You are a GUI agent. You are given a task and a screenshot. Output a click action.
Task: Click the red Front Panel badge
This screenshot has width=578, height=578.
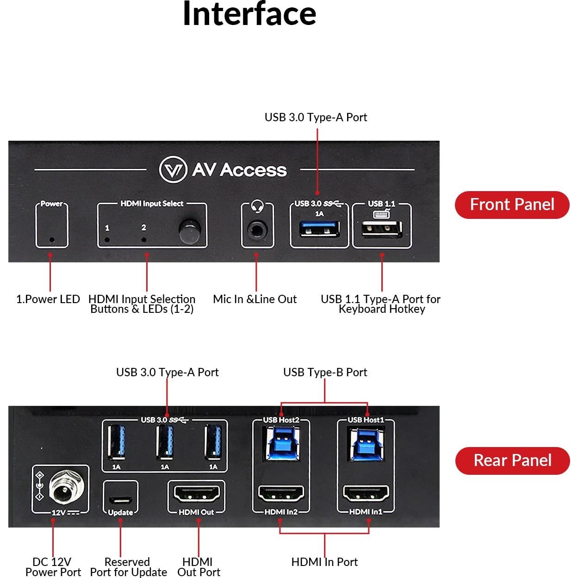(512, 205)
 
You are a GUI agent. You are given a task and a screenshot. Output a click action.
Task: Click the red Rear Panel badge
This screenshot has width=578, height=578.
(512, 460)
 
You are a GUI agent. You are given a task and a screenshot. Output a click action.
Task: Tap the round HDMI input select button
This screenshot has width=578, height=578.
(190, 232)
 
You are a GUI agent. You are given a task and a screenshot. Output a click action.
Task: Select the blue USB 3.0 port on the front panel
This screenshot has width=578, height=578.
(319, 229)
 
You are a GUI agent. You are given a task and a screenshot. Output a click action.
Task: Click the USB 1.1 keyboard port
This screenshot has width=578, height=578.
(382, 229)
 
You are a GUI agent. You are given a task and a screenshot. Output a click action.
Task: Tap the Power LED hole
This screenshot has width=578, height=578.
(52, 240)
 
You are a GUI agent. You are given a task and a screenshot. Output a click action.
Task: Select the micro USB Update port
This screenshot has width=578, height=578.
(120, 501)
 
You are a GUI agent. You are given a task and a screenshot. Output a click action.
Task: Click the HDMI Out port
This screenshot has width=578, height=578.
(197, 494)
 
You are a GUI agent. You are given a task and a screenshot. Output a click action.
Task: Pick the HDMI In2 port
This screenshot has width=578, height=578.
(281, 494)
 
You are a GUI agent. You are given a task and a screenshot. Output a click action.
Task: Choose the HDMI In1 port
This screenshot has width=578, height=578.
(366, 494)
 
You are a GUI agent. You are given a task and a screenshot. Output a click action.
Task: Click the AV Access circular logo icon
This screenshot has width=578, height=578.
(173, 170)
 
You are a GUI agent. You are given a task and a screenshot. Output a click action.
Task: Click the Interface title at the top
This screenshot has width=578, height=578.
(249, 14)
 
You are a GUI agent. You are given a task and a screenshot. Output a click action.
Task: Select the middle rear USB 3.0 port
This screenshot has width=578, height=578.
(165, 443)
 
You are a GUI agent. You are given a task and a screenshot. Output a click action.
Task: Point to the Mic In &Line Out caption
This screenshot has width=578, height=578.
(255, 299)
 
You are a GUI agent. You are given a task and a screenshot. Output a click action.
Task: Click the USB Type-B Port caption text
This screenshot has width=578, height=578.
(325, 373)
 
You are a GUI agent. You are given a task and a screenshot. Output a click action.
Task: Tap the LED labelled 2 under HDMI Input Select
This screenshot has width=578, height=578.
(143, 240)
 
